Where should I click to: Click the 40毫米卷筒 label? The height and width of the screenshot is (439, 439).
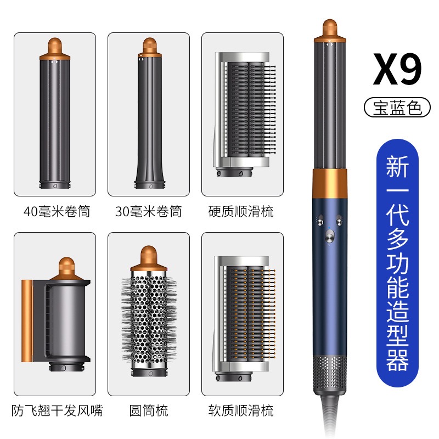pyautogui.click(x=57, y=211)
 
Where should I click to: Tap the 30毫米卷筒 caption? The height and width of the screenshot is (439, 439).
pyautogui.click(x=149, y=211)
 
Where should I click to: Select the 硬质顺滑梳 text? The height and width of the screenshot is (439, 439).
pyautogui.click(x=241, y=211)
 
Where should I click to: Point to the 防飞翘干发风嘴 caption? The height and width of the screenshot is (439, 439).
pyautogui.click(x=57, y=410)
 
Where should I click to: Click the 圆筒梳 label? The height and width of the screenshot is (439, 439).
pyautogui.click(x=149, y=410)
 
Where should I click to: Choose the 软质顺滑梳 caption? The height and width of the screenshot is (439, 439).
pyautogui.click(x=241, y=410)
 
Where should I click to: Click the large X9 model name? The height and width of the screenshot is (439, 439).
pyautogui.click(x=397, y=69)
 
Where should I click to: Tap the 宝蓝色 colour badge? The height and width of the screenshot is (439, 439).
pyautogui.click(x=397, y=108)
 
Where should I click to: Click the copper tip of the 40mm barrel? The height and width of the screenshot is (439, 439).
pyautogui.click(x=55, y=49)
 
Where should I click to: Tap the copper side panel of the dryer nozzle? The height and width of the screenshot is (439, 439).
pyautogui.click(x=26, y=320)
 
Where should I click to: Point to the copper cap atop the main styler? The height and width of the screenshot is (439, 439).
pyautogui.click(x=330, y=30)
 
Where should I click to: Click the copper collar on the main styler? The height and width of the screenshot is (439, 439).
pyautogui.click(x=330, y=184)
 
